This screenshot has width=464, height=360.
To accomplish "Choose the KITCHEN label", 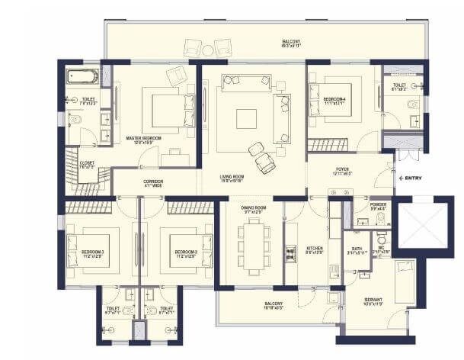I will [x=315, y=249].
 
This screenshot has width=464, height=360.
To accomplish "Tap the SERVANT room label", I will [x=373, y=300].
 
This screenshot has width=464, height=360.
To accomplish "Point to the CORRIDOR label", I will [x=154, y=183].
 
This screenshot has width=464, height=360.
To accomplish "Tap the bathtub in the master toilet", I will [x=82, y=76].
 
